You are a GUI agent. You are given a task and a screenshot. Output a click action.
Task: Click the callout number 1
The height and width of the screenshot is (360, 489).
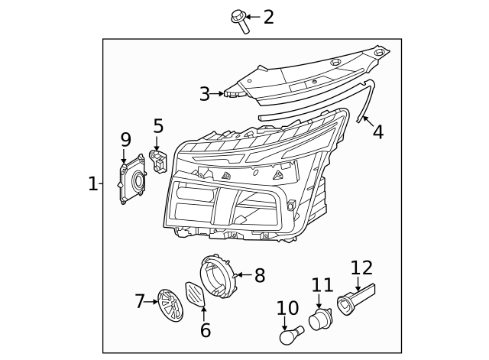coord(92,183)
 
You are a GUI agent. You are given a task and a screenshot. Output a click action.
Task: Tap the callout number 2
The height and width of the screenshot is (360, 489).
coord(268,17)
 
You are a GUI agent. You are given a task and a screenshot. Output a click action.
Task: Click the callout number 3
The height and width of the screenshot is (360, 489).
coord(204,94)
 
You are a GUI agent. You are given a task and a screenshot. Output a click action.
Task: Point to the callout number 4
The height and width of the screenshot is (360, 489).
coord(377,132)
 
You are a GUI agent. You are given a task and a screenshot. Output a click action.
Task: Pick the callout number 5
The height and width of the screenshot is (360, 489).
coord(158,125)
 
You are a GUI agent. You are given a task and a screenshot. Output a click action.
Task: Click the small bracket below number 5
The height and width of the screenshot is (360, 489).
coord(160,162)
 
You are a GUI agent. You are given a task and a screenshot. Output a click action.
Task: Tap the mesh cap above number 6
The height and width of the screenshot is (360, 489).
coord(196,294)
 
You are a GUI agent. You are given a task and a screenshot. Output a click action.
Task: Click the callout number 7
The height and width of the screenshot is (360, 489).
coord(140,302)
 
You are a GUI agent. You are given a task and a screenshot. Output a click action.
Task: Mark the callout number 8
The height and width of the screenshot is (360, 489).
coord(259,275)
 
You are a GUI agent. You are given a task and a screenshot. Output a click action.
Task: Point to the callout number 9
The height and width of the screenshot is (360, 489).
coord(126,139)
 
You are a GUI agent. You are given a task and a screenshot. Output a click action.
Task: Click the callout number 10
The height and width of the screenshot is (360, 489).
coord(287,308)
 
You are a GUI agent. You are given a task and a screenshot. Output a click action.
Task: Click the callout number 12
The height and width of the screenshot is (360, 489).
coord(361,268)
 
